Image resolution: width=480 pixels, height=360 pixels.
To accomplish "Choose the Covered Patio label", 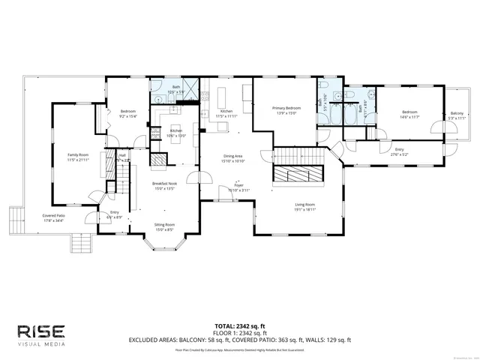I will point(53,217).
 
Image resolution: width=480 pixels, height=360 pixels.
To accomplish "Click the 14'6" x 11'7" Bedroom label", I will point(409,114).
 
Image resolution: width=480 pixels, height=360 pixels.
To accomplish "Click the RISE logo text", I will point(41,331).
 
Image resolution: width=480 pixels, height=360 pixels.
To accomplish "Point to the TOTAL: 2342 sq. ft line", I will point(235,325).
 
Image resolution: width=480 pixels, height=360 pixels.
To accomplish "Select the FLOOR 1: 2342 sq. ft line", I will point(235,332).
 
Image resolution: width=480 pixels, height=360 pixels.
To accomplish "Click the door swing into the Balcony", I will point(436,124).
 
